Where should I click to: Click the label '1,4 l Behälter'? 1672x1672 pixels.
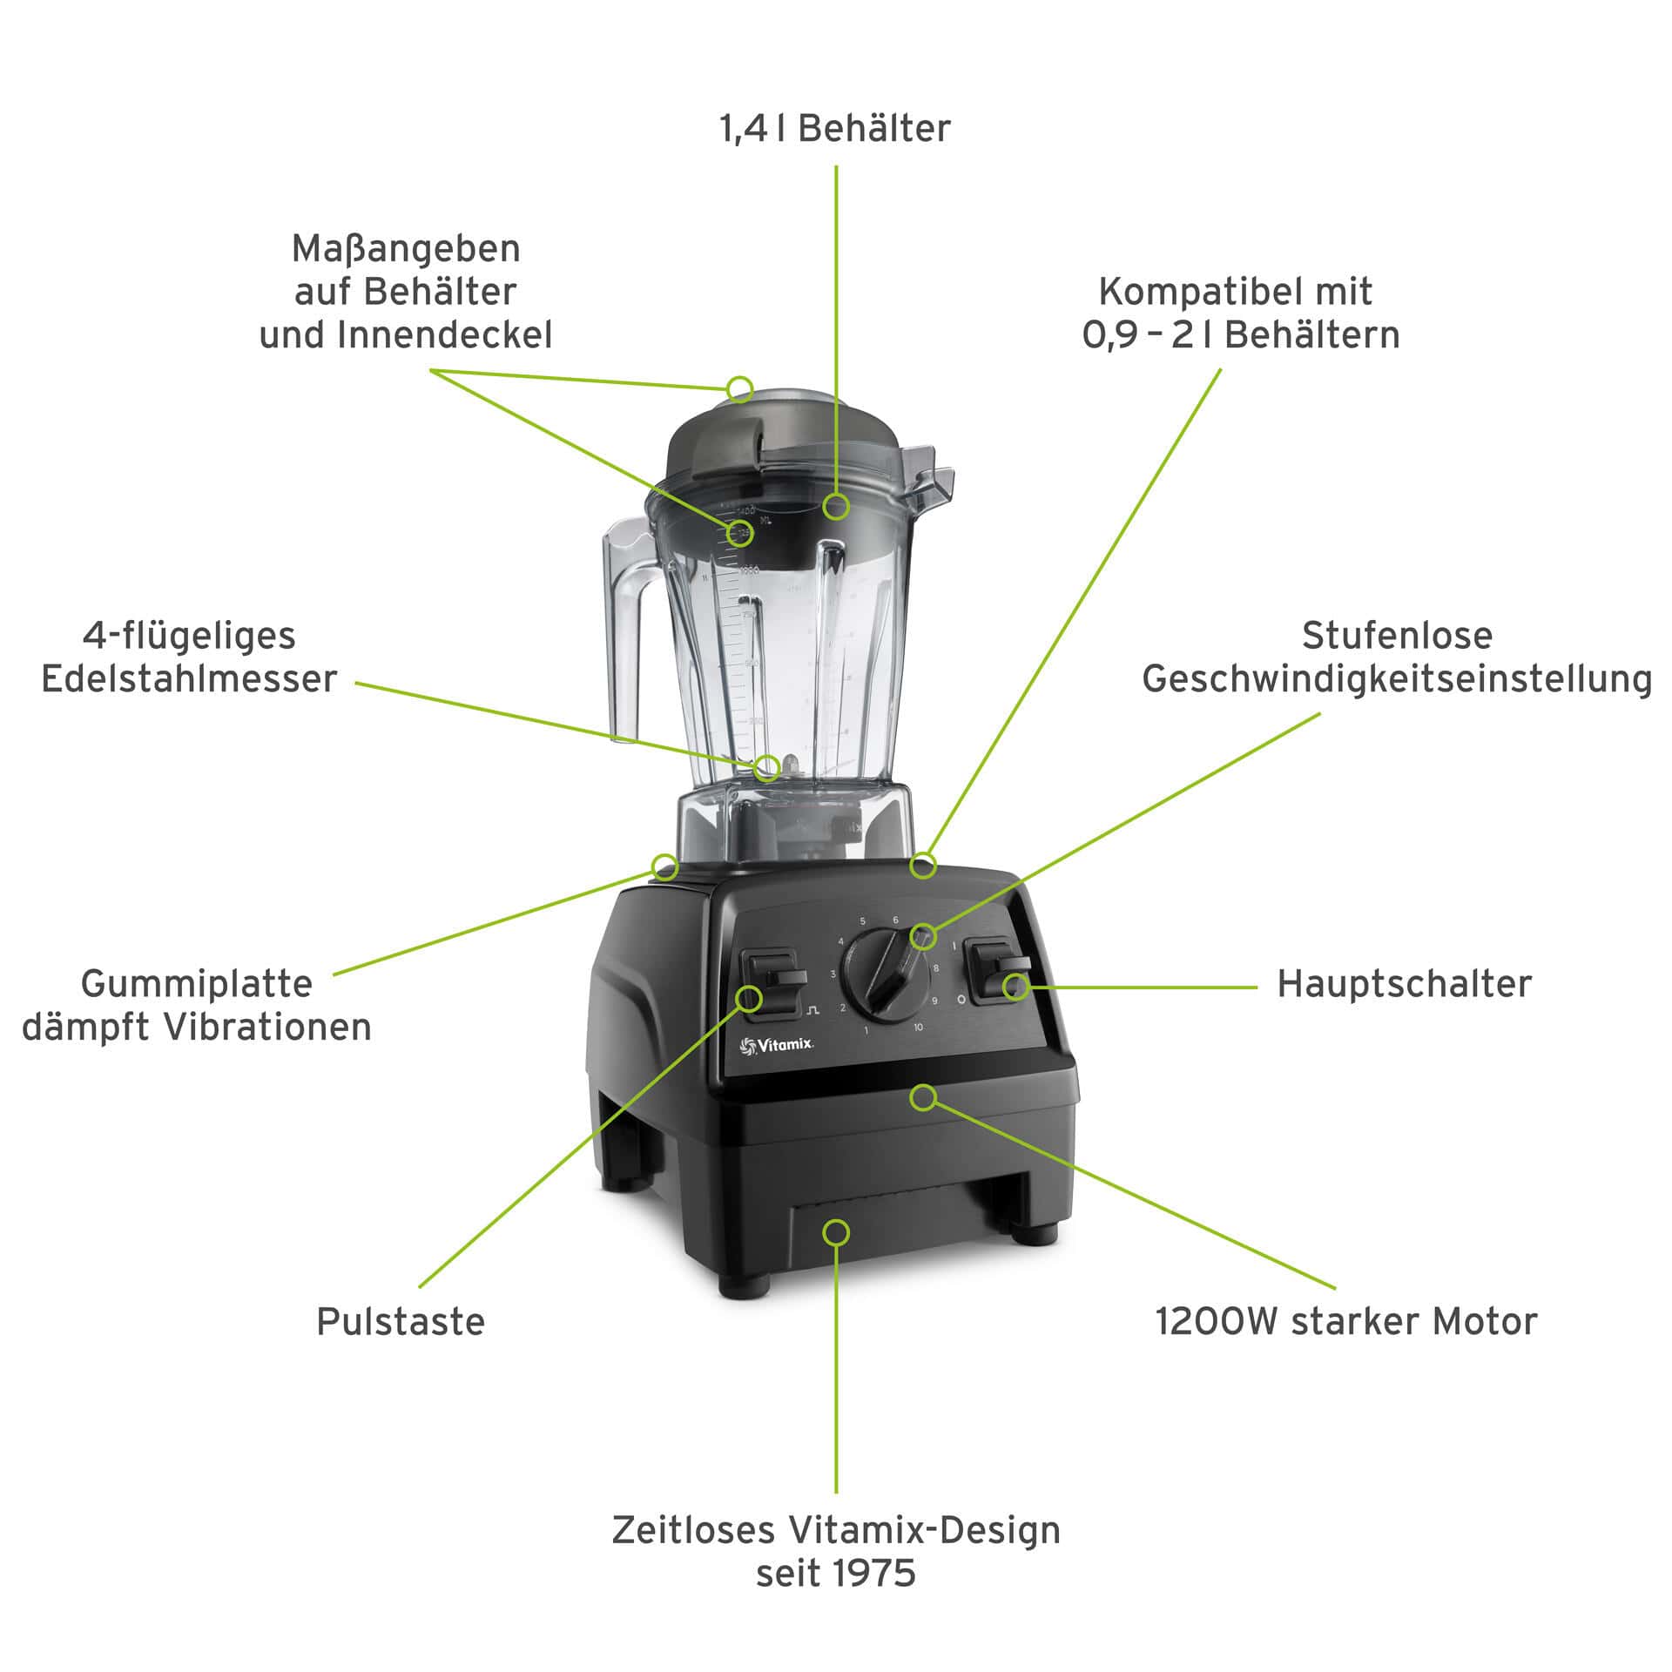pos(835,129)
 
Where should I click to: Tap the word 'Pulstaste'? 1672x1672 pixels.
pos(401,1321)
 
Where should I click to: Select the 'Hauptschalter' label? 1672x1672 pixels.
pos(1404,984)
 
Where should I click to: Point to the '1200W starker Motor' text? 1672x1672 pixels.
pos(1345,1321)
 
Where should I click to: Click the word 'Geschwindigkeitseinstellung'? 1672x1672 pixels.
pos(1397,680)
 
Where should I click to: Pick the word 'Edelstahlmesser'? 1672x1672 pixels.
pos(189,679)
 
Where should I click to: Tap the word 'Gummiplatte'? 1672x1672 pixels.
pos(197,984)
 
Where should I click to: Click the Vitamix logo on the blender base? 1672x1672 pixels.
pos(776,1046)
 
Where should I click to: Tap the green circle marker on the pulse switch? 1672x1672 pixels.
pos(750,998)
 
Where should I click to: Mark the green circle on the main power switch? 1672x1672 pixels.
pos(1015,987)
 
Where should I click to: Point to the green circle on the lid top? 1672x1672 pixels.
pos(740,388)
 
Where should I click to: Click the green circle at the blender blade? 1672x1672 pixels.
pos(767,767)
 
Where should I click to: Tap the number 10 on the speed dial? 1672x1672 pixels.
pos(919,1028)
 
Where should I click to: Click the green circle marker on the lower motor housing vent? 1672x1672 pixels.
pos(837,1232)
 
